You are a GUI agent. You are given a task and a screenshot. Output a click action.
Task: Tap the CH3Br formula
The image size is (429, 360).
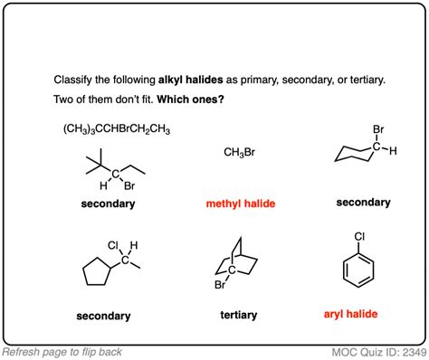coord(239,152)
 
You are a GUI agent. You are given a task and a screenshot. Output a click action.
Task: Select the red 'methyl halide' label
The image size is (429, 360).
coord(239,204)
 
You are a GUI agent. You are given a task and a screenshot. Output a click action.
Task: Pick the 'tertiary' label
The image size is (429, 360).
coord(239,315)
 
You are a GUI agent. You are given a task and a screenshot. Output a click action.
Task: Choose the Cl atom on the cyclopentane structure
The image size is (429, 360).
coord(113,245)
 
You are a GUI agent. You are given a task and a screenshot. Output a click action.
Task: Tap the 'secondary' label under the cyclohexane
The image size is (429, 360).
coord(363,203)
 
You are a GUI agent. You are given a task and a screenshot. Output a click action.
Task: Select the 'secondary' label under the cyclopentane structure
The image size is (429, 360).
coord(103,316)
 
